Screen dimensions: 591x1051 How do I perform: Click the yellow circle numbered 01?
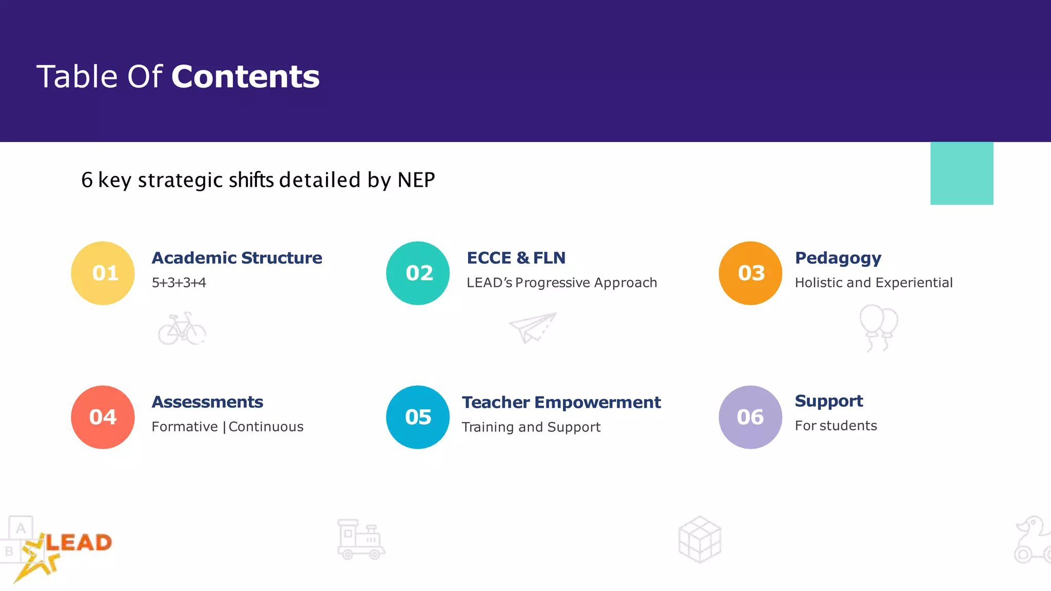(x=103, y=273)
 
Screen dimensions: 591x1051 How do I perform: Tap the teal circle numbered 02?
(x=418, y=273)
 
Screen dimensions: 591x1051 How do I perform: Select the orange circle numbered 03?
(x=750, y=273)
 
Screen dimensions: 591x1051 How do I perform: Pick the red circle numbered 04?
(x=103, y=417)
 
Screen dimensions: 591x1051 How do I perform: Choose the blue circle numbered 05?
(x=418, y=417)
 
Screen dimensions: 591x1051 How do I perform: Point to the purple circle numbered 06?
(x=750, y=417)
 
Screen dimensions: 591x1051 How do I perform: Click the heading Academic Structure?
(x=237, y=258)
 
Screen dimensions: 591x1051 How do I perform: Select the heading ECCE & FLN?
(x=516, y=258)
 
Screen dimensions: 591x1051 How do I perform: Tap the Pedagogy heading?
(x=838, y=258)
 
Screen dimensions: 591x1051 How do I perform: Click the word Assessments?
(x=207, y=402)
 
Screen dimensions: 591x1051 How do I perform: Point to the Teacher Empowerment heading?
(x=561, y=402)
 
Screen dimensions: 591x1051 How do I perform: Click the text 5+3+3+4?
(x=179, y=283)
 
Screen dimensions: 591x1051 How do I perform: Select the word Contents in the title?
(x=245, y=76)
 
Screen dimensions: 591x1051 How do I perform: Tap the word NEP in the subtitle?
(x=416, y=180)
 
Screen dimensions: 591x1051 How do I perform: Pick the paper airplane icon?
(x=533, y=327)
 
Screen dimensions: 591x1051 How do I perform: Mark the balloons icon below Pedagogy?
(x=878, y=327)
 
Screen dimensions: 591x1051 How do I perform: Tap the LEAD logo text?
(x=79, y=542)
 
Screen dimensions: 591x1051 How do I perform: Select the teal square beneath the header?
(x=962, y=173)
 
